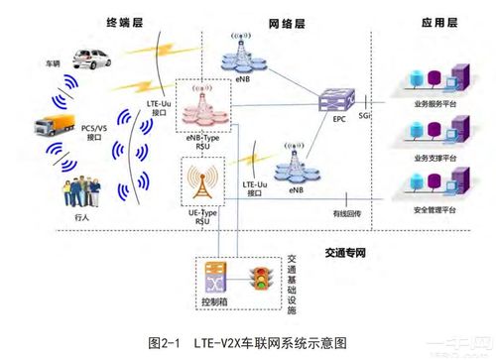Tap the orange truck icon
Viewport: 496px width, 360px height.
pyautogui.click(x=52, y=126)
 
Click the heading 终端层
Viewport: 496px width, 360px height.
pyautogui.click(x=126, y=21)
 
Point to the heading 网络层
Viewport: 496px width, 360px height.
pyautogui.click(x=286, y=21)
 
